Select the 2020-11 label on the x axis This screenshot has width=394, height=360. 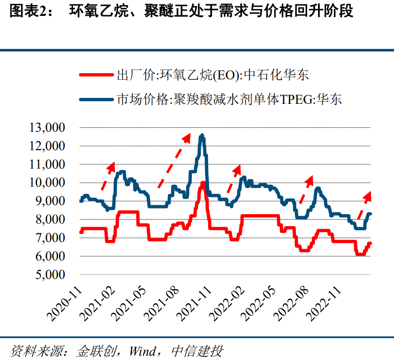click(x=64, y=305)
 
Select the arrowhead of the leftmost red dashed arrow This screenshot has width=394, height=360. click(x=112, y=165)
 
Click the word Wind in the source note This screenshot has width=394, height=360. click(x=143, y=351)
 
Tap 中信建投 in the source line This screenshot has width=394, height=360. click(x=197, y=351)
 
